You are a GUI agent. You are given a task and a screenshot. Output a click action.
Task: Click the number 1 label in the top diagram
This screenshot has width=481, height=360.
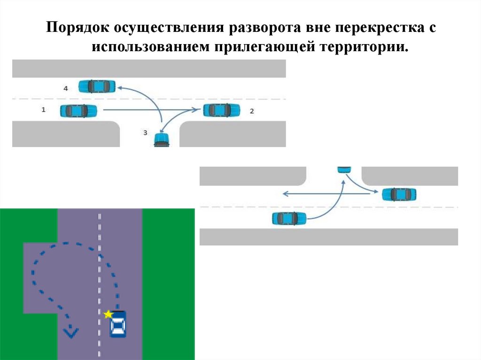[x=43, y=109]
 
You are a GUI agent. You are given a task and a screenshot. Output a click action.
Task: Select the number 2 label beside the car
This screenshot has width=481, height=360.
[x=252, y=111]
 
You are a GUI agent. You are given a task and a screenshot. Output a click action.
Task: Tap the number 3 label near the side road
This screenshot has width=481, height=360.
[x=145, y=133]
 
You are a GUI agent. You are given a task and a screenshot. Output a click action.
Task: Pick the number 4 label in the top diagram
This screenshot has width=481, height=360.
[x=65, y=88]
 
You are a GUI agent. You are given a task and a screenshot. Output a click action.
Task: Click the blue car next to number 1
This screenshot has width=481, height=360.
[x=78, y=111]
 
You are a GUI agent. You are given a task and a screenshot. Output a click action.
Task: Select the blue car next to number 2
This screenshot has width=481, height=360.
[x=221, y=110]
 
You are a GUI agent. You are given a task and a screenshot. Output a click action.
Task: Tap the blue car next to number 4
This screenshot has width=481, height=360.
[x=97, y=86]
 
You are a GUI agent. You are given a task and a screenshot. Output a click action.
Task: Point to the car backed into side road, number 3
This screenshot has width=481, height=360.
[x=162, y=139]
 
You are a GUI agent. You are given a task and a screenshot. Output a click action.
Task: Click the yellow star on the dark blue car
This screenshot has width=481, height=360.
[x=109, y=314]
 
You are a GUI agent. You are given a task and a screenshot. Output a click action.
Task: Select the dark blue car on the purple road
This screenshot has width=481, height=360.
[x=118, y=324]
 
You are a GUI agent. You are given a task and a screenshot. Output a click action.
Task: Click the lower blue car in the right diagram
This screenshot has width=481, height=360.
[x=289, y=218]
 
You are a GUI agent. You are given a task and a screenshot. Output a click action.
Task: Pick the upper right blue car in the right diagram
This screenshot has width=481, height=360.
[x=399, y=194]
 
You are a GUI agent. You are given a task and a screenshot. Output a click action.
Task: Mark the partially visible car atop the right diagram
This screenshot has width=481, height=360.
[x=344, y=169]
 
